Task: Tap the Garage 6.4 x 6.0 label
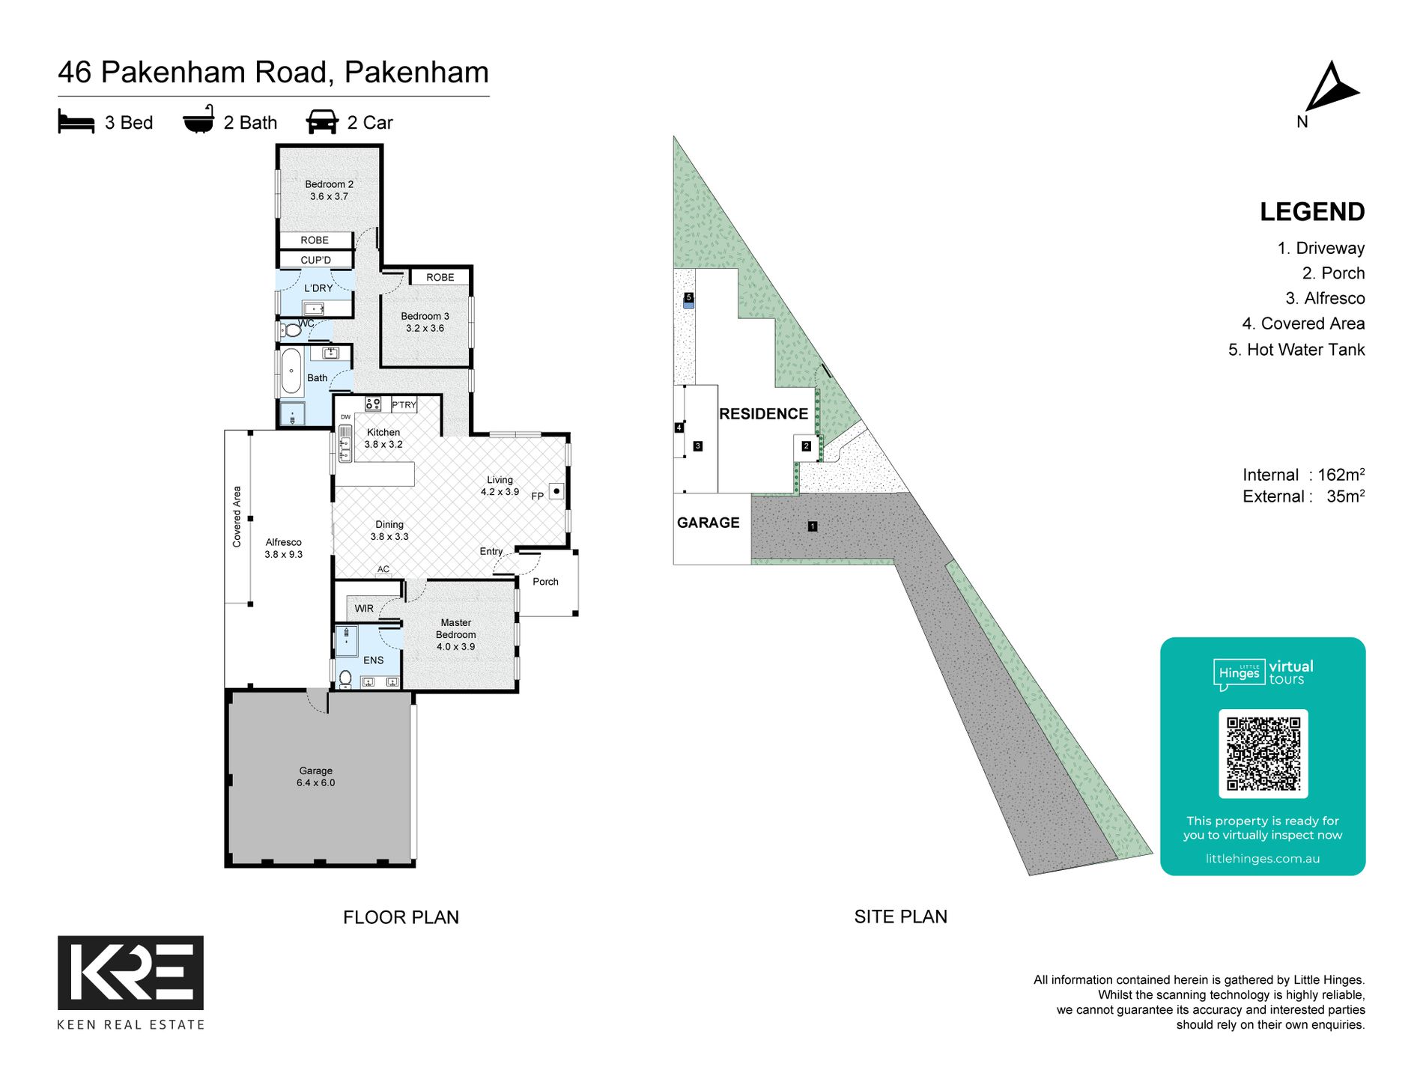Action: point(315,776)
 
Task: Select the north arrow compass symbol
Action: point(1330,88)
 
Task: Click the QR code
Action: point(1263,753)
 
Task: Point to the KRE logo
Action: point(130,972)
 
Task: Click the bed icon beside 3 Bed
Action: point(76,122)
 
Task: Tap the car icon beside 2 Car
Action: point(322,122)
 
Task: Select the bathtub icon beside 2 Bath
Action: point(198,121)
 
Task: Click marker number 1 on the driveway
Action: point(812,526)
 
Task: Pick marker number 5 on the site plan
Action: point(688,298)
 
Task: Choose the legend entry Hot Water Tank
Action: point(1296,350)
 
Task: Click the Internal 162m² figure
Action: point(1302,475)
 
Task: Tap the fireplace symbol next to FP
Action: point(556,491)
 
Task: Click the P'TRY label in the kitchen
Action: point(404,405)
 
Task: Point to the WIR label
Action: point(364,609)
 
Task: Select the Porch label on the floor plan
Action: point(545,582)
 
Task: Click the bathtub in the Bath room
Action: point(291,371)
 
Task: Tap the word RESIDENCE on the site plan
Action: point(763,414)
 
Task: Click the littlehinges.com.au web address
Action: point(1262,859)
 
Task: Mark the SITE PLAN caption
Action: point(900,916)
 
